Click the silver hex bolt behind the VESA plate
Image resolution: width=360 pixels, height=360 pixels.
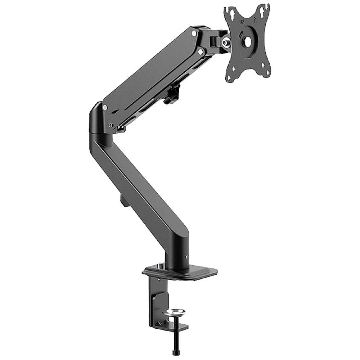pyautogui.click(x=226, y=42)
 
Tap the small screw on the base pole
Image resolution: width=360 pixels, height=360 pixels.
pyautogui.click(x=187, y=257)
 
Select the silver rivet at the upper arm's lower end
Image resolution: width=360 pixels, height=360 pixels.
pyautogui.click(x=105, y=107)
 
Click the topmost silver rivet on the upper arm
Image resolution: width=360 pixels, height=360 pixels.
pyautogui.click(x=194, y=33)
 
